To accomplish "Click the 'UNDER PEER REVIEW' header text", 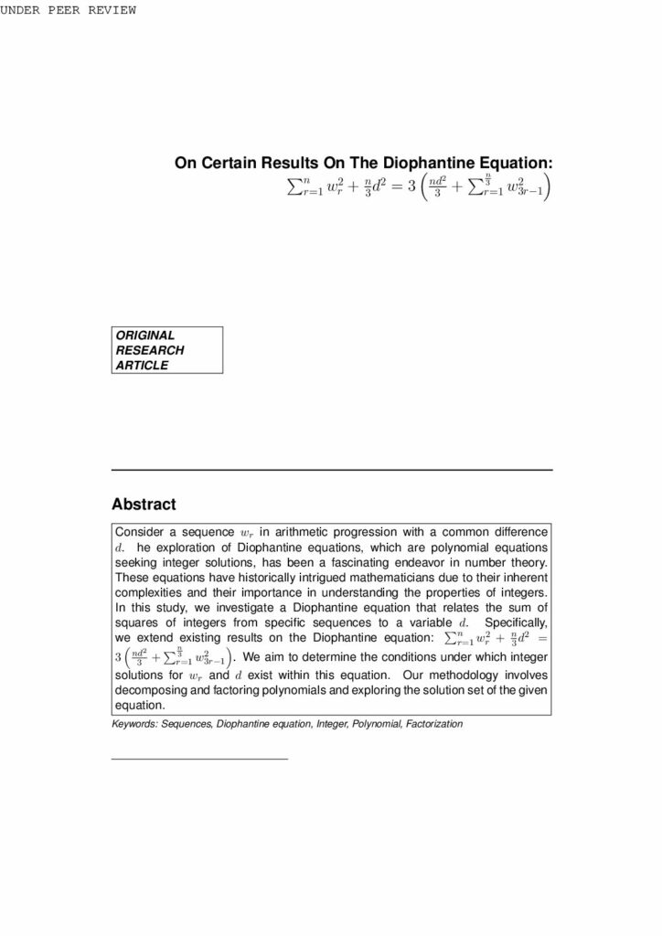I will pos(69,10).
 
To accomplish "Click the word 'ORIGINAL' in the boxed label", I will pos(144,335).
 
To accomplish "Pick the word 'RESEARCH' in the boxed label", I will pos(149,350).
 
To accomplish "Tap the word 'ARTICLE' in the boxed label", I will pos(142,365).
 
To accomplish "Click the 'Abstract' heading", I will pos(144,504).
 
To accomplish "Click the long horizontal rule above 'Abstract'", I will pos(331,470).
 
